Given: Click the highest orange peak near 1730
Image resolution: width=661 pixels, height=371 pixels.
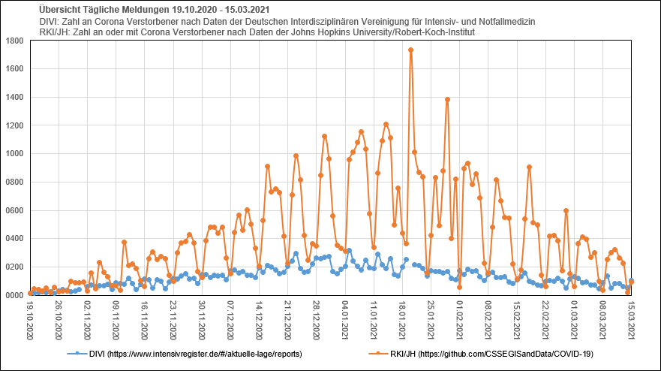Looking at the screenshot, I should (x=410, y=50).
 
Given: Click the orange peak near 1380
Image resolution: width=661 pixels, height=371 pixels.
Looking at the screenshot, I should (x=447, y=99).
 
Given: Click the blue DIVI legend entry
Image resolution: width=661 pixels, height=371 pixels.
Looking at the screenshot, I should (x=184, y=353).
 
